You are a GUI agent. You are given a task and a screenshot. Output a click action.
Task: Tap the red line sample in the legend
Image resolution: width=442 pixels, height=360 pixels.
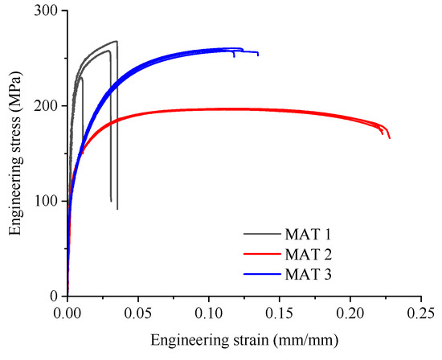[263, 256]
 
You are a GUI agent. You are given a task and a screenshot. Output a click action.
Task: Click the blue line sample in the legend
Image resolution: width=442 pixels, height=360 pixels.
[263, 276]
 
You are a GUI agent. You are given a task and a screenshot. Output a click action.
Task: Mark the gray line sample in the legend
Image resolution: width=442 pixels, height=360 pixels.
[263, 235]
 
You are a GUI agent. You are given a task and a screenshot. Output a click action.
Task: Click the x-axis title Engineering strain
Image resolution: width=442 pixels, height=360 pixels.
[244, 338]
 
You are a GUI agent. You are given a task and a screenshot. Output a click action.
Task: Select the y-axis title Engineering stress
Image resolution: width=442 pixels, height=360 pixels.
[15, 153]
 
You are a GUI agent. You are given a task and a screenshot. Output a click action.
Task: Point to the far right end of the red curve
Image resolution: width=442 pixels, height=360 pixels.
[390, 138]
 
